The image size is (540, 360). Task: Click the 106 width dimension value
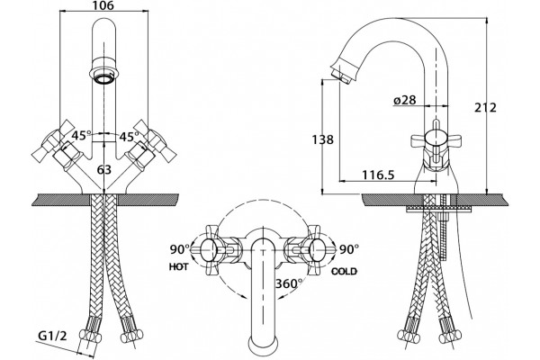coord(103,5)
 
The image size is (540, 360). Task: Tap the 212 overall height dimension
coord(485,108)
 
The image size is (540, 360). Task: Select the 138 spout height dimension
coord(323,139)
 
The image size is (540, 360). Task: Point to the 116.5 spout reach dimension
coord(378,175)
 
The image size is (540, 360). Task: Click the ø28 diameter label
coord(405,100)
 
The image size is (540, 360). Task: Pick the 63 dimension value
coord(104,169)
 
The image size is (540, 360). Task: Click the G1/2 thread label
coord(52,336)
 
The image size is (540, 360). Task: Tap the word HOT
coord(179,267)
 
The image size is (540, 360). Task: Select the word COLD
coord(344,272)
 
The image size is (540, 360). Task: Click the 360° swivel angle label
coord(289,283)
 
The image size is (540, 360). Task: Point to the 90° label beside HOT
coord(179,249)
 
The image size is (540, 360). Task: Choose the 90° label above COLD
coord(349,249)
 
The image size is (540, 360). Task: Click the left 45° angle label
coord(82,136)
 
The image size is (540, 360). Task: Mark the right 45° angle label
coord(129,137)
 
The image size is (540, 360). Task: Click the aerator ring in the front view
coord(104,78)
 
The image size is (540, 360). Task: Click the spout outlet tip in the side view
coord(340,75)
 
